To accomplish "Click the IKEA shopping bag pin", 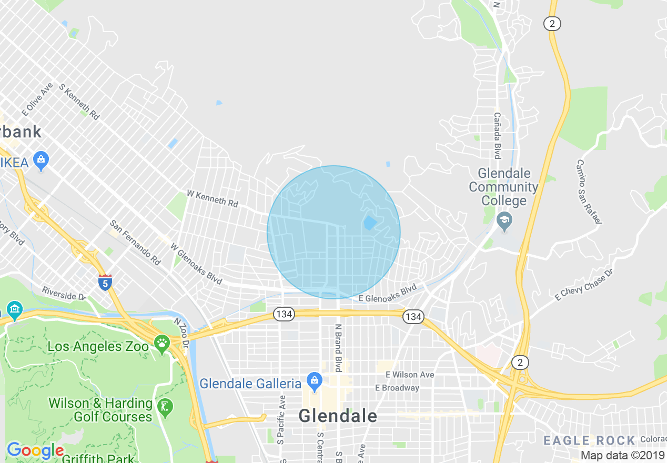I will tap(41, 160).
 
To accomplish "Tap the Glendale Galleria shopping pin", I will tap(315, 382).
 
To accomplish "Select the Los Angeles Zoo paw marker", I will tap(162, 345).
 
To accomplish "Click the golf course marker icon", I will tap(165, 407).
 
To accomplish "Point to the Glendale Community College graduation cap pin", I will tap(504, 222).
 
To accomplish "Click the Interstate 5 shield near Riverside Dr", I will tap(105, 283).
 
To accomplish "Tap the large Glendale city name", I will tap(338, 416).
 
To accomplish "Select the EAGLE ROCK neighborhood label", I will tap(589, 440).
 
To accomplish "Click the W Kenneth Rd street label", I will tap(213, 198).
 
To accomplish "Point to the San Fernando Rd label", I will tap(135, 242).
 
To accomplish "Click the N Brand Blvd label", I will tap(338, 348).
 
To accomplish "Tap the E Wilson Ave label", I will tap(410, 375).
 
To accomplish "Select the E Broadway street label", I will tap(397, 388).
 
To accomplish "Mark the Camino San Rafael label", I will tap(588, 192).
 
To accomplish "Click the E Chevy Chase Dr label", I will tap(584, 284).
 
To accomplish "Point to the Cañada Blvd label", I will tap(497, 135).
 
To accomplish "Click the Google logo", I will tap(35, 450).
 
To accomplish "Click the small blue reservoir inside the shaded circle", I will tap(370, 223).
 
